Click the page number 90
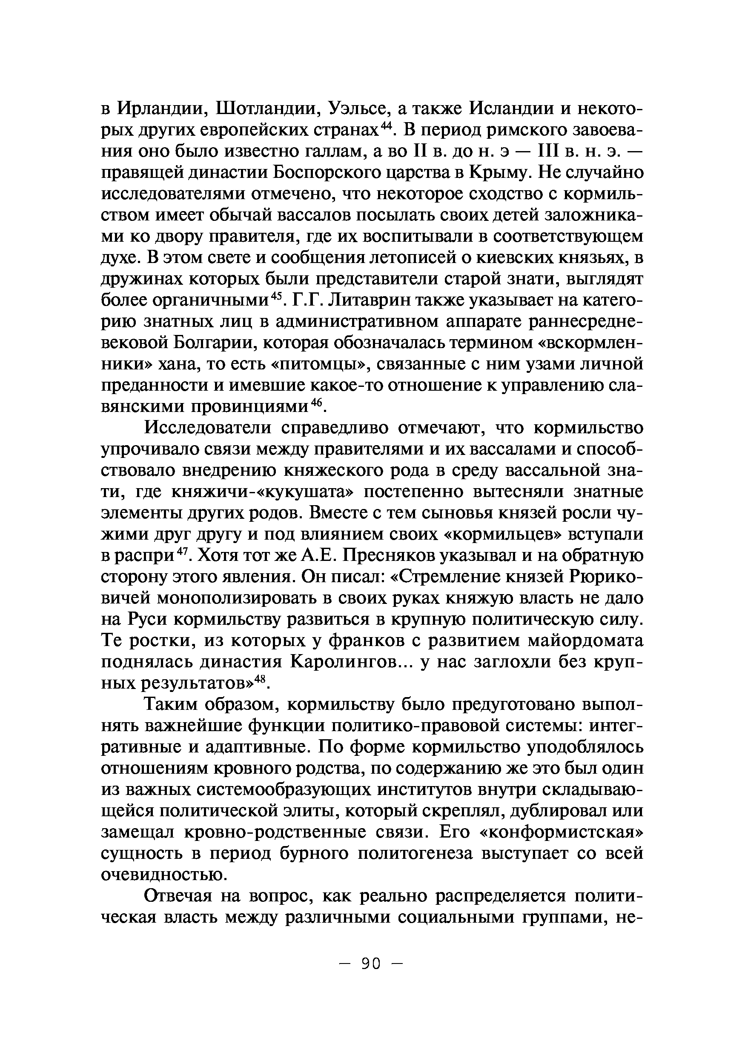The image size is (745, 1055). (x=371, y=963)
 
